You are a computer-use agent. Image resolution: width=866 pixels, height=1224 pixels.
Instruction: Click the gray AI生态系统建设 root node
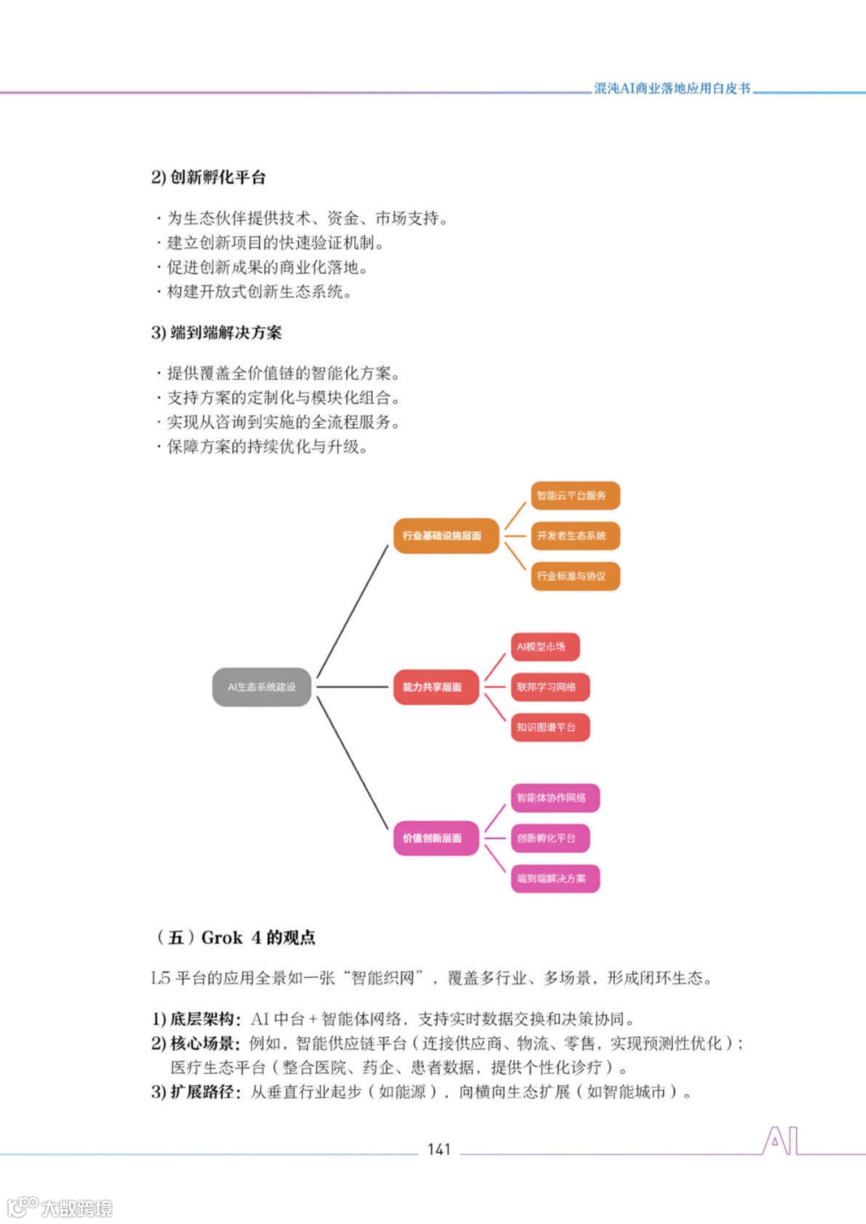pos(261,687)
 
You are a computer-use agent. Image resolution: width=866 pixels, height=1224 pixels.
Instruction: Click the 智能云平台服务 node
pos(575,495)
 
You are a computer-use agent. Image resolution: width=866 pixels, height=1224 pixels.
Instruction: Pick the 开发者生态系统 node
pos(575,535)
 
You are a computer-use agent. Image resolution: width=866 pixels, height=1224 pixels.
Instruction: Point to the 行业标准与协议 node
pos(575,576)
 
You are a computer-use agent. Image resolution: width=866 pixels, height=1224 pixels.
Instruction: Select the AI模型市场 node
pos(544,647)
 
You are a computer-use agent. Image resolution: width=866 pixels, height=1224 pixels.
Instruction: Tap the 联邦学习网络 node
pos(549,687)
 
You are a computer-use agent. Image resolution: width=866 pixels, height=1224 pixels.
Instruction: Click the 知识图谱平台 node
pos(549,727)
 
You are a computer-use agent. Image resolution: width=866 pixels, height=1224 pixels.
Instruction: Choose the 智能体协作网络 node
pos(555,798)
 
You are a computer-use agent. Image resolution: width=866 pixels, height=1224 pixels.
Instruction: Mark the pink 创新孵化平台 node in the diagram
pos(549,838)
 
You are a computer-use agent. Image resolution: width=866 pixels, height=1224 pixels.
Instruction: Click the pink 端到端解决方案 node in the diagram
pos(555,879)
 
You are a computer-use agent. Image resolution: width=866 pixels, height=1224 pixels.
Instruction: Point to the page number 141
pos(439,1149)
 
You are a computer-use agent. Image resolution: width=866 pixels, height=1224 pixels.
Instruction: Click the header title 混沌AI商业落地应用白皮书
pos(672,88)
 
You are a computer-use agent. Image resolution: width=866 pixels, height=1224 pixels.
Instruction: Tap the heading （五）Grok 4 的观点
pos(235,937)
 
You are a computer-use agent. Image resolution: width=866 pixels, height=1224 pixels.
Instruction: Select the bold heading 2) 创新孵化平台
pos(208,177)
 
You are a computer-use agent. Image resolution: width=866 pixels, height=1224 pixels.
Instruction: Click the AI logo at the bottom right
pos(780,1141)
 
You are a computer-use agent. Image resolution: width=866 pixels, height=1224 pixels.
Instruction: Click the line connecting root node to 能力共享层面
pos(353,687)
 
